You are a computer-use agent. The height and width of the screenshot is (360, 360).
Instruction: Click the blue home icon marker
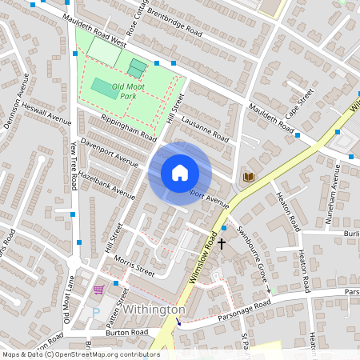[180, 173]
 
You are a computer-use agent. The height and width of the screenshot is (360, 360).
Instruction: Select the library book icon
[249, 176]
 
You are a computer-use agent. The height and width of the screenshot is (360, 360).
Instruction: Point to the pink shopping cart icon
[98, 290]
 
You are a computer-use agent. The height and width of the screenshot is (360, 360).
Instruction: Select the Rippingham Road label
[128, 128]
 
